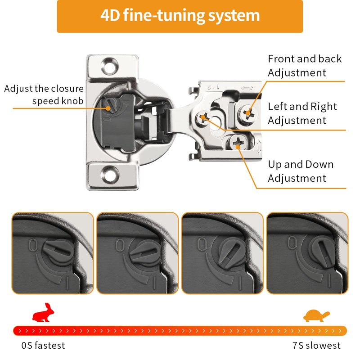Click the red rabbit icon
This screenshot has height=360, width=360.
tap(43, 312)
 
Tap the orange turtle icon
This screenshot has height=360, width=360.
tap(316, 315)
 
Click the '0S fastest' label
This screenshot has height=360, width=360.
tap(43, 346)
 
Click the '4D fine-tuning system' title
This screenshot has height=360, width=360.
tap(180, 15)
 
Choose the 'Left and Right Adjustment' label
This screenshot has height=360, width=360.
tap(302, 113)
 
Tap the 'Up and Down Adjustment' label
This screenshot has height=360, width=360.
tap(301, 171)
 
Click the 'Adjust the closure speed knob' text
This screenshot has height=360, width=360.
tap(44, 94)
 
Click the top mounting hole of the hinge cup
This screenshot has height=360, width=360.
tap(110, 66)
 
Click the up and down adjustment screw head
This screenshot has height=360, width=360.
tap(237, 143)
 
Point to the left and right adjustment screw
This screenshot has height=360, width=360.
tap(203, 118)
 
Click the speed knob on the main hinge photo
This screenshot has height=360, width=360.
tap(108, 104)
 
